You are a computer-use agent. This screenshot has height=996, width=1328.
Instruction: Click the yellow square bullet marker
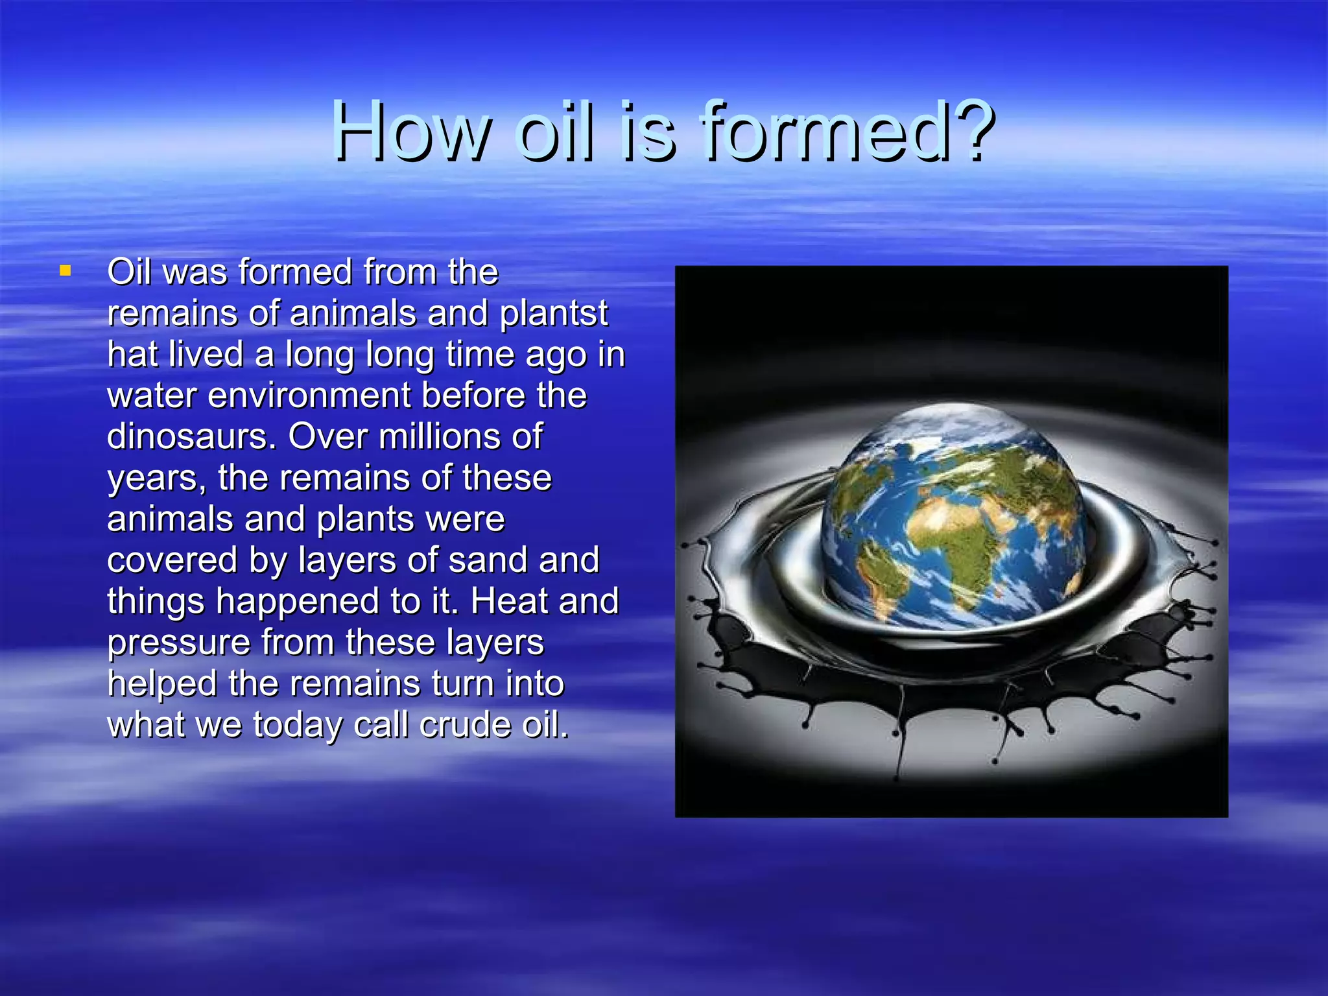[x=65, y=270]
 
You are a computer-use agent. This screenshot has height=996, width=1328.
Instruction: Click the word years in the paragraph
[x=156, y=479]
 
